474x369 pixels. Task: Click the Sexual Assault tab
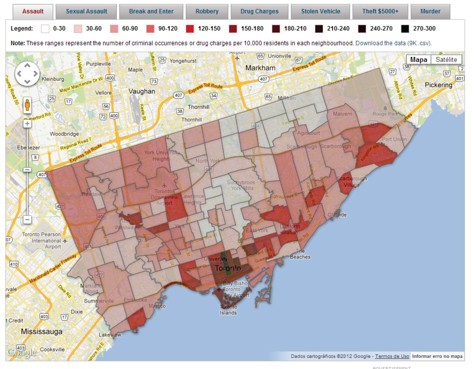pos(86,12)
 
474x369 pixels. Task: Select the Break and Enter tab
pos(151,12)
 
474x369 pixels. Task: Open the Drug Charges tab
pos(259,12)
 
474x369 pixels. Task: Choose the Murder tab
pos(430,12)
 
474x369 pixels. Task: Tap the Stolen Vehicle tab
pos(321,12)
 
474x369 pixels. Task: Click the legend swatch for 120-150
pos(190,29)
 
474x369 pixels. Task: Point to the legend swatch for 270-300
pos(405,29)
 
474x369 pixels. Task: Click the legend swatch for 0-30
pos(45,29)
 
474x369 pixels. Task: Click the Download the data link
pos(393,43)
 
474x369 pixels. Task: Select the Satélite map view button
pos(446,60)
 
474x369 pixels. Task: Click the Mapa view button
pos(418,60)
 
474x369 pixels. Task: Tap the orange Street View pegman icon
pos(27,105)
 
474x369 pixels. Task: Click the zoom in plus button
pos(27,123)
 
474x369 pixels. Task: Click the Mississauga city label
pos(41,332)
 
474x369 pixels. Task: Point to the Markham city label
pos(260,68)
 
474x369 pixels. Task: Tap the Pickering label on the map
pos(438,85)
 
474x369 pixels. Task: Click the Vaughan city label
pos(142,91)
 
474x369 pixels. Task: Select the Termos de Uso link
pos(392,356)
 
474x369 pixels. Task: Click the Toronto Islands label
pos(228,310)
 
